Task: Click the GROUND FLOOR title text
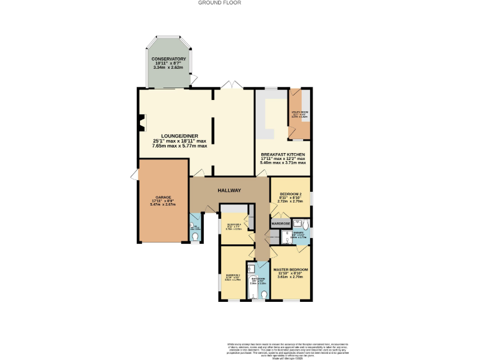pyautogui.click(x=219, y=2)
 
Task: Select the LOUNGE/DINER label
pyautogui.click(x=179, y=136)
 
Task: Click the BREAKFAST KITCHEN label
pyautogui.click(x=283, y=154)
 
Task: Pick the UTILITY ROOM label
pyautogui.click(x=300, y=112)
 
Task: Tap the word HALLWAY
pyautogui.click(x=229, y=190)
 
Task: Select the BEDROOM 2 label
pyautogui.click(x=291, y=194)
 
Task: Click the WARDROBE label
pyautogui.click(x=281, y=223)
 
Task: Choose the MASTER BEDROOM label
pyautogui.click(x=291, y=269)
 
